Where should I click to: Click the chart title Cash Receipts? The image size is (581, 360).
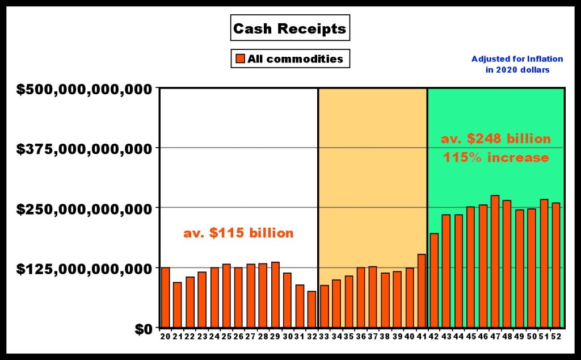click(289, 29)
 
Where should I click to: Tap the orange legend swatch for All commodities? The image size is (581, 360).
click(239, 58)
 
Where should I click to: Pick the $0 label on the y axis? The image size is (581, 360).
click(141, 328)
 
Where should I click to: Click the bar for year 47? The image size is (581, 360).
click(495, 261)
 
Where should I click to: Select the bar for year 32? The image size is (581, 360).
click(311, 309)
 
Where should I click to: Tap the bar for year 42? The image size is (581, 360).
click(434, 281)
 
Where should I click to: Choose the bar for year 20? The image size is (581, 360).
click(165, 298)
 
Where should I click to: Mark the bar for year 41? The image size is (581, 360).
click(422, 291)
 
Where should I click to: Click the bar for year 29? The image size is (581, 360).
click(275, 295)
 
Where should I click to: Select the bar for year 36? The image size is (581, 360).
click(361, 298)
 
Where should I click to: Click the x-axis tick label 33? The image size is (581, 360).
click(323, 336)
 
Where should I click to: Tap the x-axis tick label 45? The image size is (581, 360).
click(470, 336)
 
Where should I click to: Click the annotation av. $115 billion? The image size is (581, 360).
click(238, 233)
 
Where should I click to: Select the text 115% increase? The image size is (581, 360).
click(496, 157)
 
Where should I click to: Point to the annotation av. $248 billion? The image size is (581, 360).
click(496, 139)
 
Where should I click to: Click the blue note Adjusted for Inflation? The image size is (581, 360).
click(517, 58)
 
